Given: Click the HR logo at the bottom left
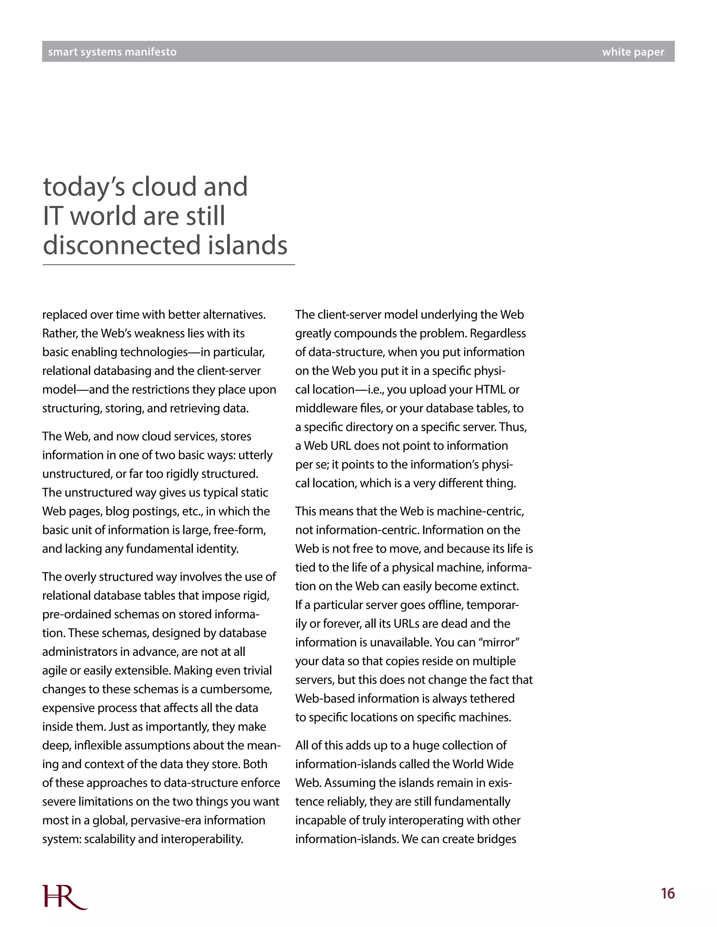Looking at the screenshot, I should (x=64, y=897).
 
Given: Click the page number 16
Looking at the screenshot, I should (x=668, y=893).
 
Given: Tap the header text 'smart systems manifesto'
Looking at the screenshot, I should (x=112, y=52).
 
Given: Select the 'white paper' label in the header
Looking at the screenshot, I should (x=633, y=52).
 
